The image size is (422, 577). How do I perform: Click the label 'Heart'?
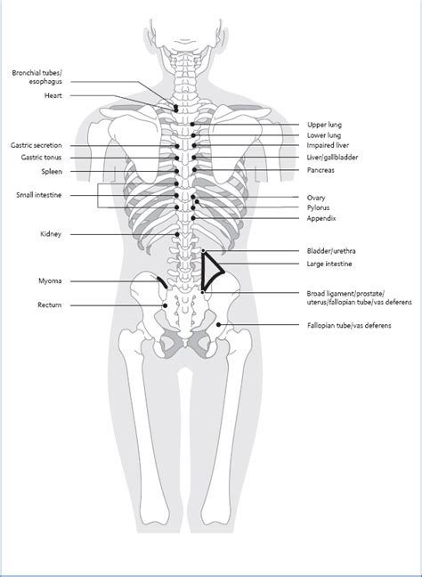(53, 95)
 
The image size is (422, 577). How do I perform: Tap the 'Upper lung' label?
(324, 125)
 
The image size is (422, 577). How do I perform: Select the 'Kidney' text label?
(51, 234)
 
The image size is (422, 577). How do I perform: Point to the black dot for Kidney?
(177, 234)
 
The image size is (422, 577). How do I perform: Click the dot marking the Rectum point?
(166, 305)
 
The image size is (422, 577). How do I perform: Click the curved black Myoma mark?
(162, 282)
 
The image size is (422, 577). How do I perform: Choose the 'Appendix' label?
(321, 218)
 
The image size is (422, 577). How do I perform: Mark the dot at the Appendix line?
(193, 218)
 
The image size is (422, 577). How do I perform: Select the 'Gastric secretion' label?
(36, 145)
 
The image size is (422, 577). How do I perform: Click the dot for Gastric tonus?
(177, 158)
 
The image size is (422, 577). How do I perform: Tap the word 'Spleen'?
(52, 172)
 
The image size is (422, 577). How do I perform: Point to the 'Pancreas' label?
(321, 170)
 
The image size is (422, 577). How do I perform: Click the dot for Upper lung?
(192, 125)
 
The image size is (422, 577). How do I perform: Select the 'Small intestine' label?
(38, 195)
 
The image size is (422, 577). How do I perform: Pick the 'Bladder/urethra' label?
(331, 251)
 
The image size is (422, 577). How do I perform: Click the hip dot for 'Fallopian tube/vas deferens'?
(218, 324)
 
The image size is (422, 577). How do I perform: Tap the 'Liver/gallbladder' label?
(332, 158)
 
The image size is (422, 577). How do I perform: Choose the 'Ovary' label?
(316, 198)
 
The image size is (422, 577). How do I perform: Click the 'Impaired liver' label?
(328, 145)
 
